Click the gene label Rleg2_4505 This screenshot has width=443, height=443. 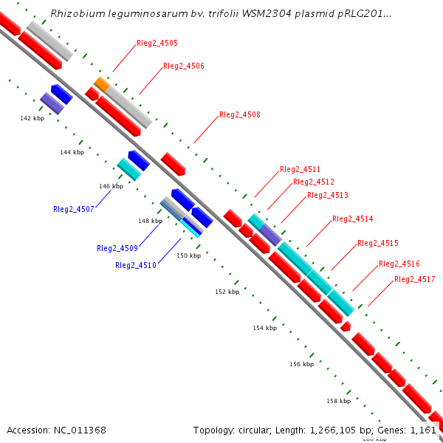(157, 44)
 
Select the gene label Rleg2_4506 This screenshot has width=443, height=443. (183, 66)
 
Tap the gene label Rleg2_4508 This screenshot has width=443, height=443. (239, 115)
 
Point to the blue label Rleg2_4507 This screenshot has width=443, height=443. (73, 209)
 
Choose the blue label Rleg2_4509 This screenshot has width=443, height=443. (117, 248)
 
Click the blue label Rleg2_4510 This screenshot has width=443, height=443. (135, 265)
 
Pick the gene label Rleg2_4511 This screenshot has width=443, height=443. (300, 170)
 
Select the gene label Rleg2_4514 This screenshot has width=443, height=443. (352, 219)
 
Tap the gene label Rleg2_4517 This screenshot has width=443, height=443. (414, 279)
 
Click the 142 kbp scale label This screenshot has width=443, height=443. (32, 118)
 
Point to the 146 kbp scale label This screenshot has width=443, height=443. (111, 186)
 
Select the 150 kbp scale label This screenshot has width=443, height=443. (188, 255)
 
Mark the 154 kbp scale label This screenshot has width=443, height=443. (264, 328)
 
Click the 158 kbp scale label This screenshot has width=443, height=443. (338, 401)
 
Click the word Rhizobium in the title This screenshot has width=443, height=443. (76, 14)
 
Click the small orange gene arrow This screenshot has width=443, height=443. (102, 84)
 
